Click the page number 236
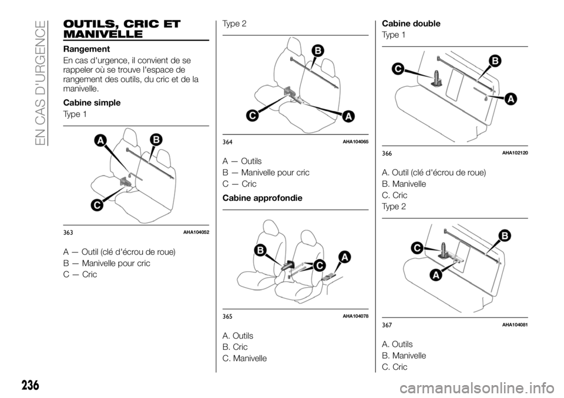coord(30,386)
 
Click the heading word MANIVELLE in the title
coord(103,35)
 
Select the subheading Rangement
coord(86,49)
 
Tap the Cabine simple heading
coord(92,103)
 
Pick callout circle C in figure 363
coord(97,205)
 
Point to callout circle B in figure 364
coord(318,50)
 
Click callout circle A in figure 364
coord(348,116)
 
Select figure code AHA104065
coord(355,142)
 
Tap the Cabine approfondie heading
coord(262,198)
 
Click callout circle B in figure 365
coord(260,251)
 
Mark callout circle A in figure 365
coord(344,257)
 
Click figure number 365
coord(227,317)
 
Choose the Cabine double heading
coord(411,23)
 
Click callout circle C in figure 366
coord(398,69)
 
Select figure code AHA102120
coord(515,153)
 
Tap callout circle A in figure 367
coord(437,275)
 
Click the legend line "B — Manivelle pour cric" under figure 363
coord(106,263)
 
